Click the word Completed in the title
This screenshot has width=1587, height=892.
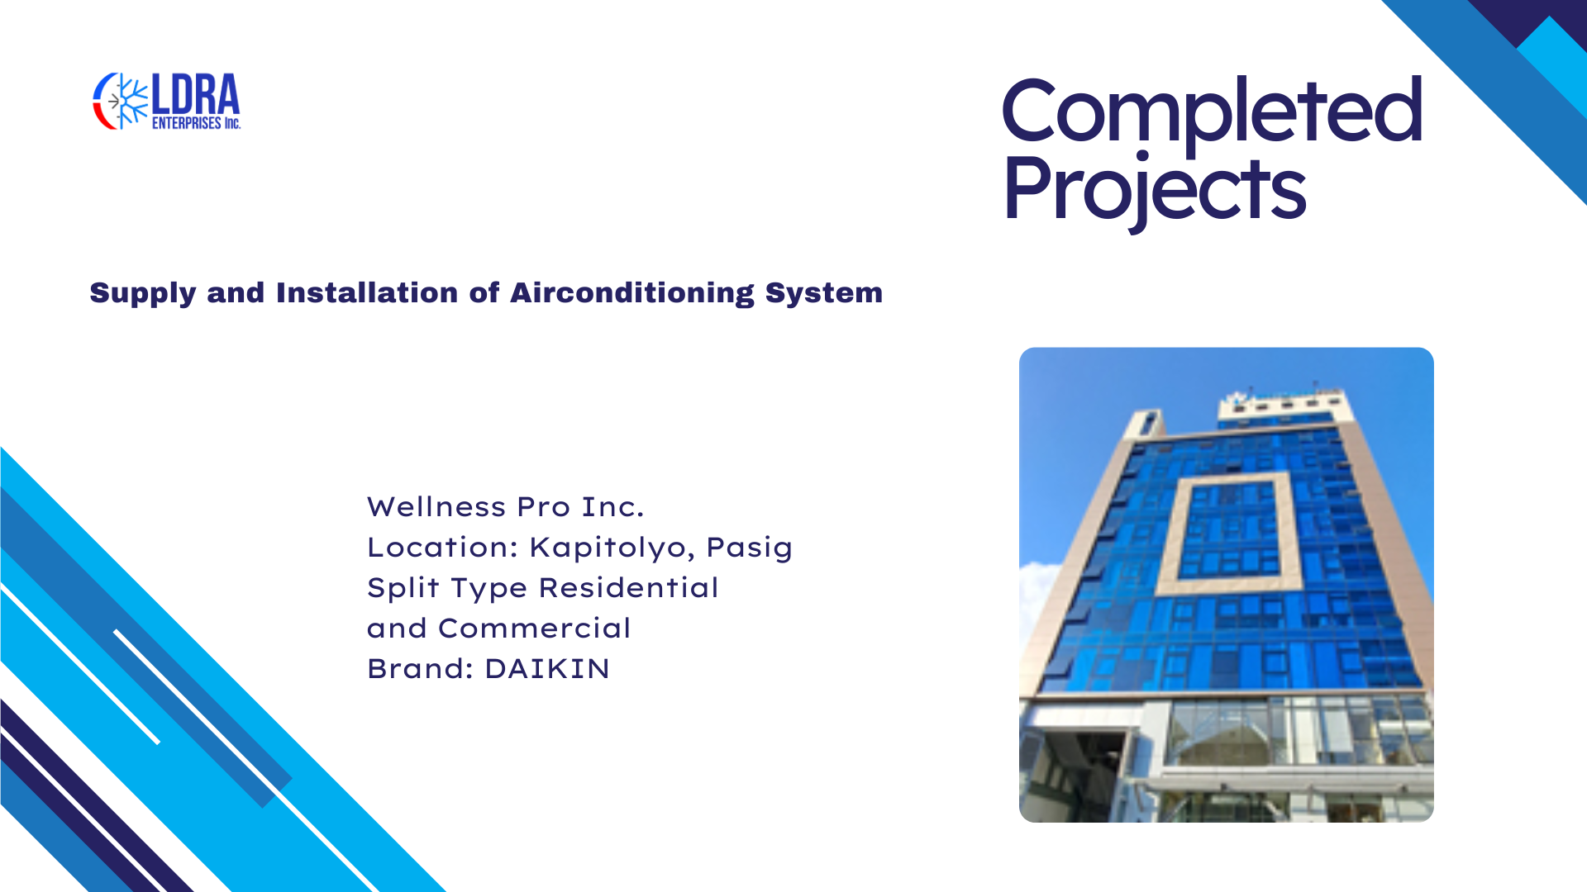click(x=1212, y=111)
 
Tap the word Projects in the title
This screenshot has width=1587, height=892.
click(x=1154, y=190)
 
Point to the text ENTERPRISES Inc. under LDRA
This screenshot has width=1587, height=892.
click(x=196, y=123)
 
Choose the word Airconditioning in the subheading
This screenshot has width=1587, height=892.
click(x=632, y=294)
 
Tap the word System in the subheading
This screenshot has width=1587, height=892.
click(x=824, y=294)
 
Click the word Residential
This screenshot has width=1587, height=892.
click(x=629, y=587)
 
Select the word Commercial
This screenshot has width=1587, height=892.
click(x=535, y=629)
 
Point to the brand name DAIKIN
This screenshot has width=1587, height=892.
click(x=547, y=669)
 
